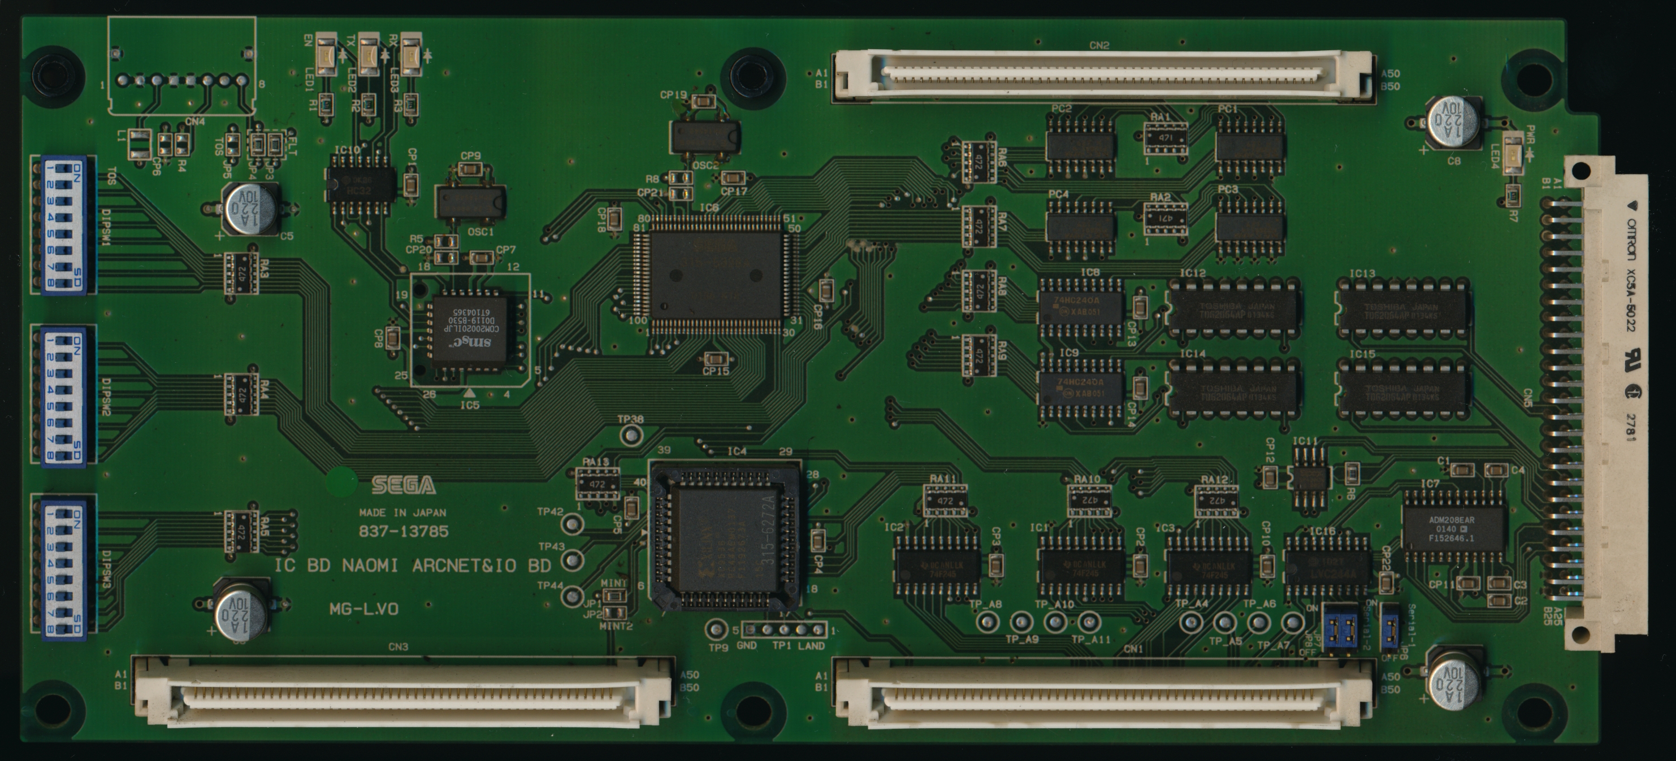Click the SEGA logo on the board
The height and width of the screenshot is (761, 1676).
point(404,485)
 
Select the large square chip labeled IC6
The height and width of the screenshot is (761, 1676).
point(716,275)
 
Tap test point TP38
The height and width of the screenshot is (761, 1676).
point(630,435)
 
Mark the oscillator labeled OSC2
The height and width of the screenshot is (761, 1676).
point(705,138)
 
